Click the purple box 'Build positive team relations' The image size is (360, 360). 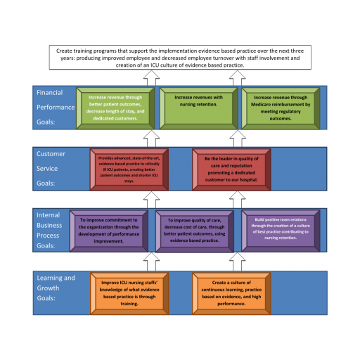(281, 231)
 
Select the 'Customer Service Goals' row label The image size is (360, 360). (51, 169)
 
